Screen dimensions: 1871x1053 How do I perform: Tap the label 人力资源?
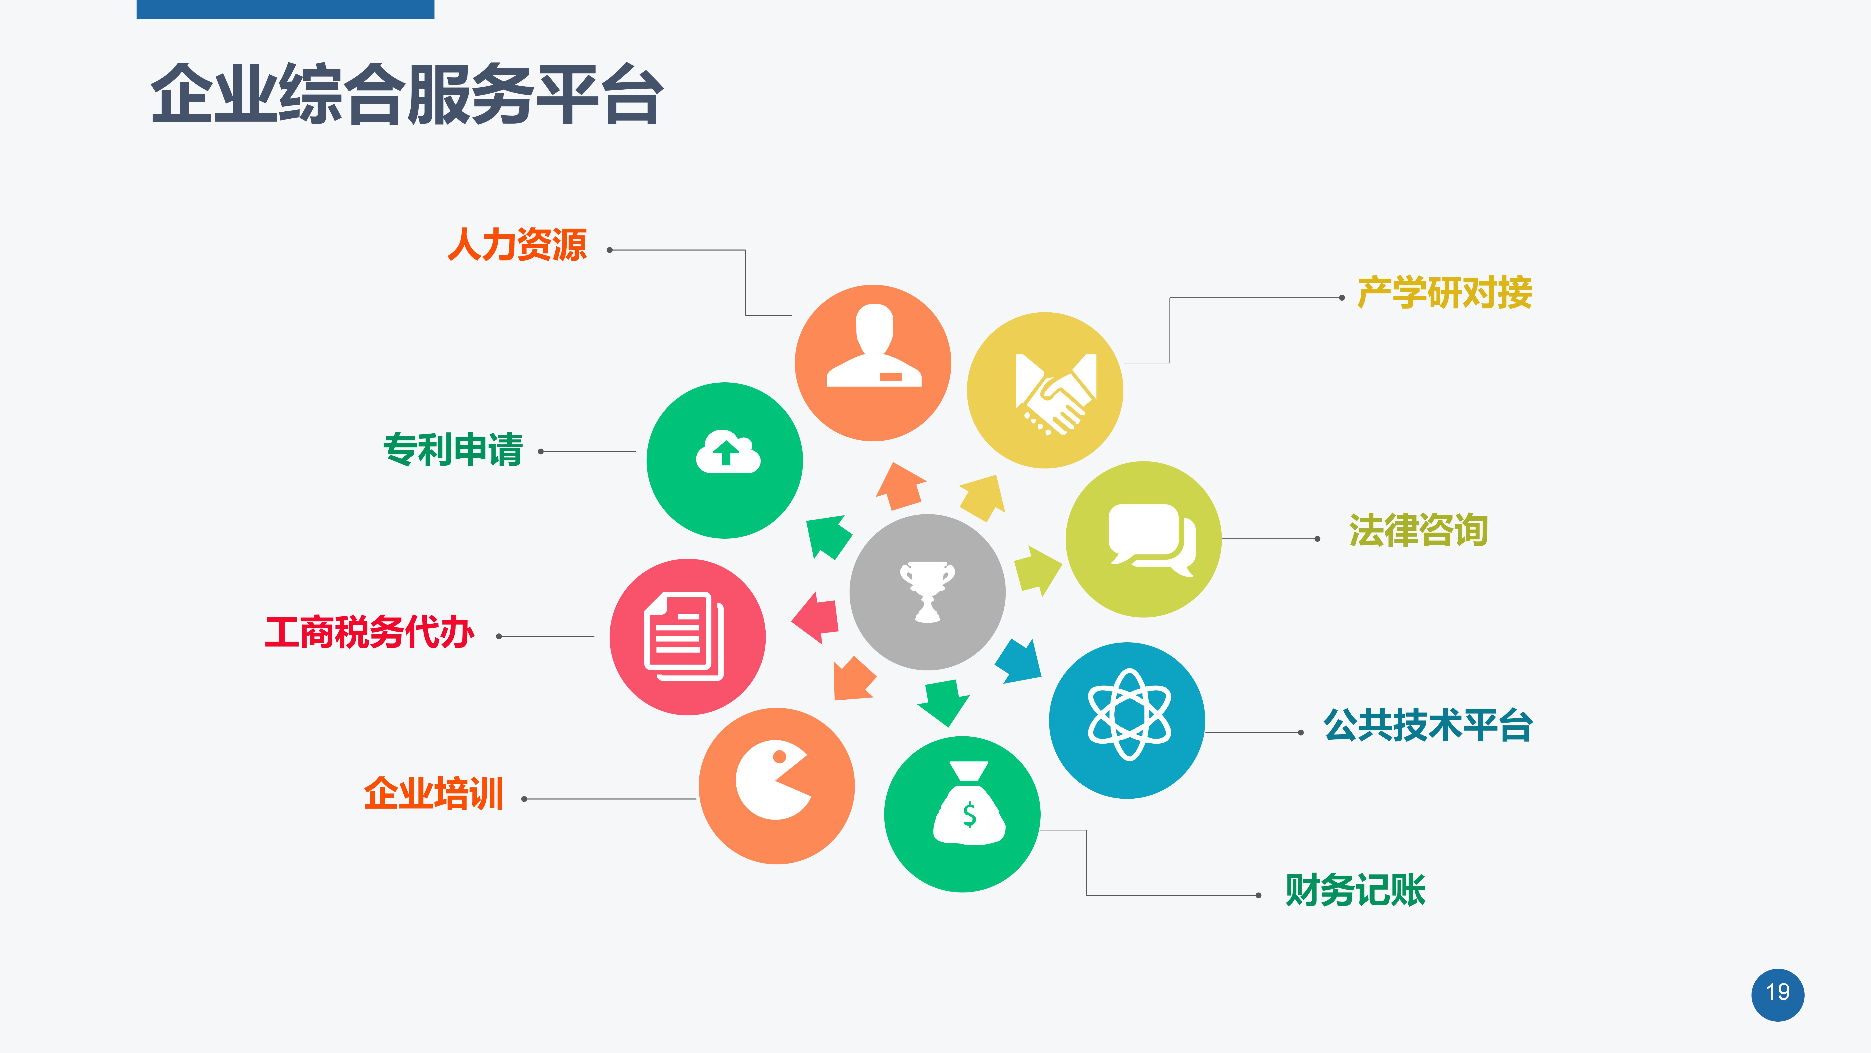(517, 244)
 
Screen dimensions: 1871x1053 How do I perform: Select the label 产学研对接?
(1445, 293)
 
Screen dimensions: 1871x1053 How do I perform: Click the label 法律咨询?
(1419, 530)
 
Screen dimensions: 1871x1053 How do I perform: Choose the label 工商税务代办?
(370, 632)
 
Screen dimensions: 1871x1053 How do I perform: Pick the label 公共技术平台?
(1428, 725)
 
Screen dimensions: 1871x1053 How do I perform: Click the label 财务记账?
(1355, 890)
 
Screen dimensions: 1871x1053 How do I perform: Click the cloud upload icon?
(728, 452)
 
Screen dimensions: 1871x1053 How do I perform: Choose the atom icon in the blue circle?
(1129, 715)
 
